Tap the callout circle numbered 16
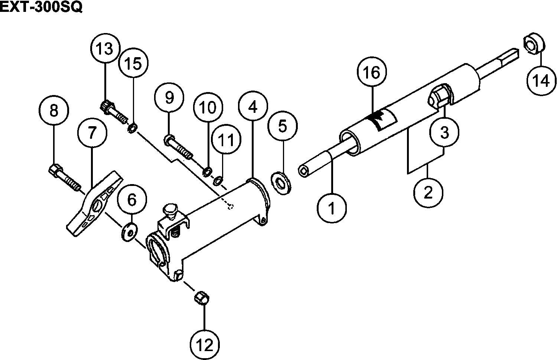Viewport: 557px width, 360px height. click(x=372, y=73)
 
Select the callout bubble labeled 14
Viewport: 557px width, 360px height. click(x=541, y=81)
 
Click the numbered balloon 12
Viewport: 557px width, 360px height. click(x=205, y=346)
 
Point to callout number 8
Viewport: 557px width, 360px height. click(x=54, y=110)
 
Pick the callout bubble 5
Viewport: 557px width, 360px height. click(x=283, y=127)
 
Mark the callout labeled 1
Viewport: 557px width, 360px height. click(x=332, y=208)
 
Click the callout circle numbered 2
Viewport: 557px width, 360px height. click(x=428, y=193)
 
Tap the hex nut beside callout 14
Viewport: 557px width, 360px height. click(x=533, y=44)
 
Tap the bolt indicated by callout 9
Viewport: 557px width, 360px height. click(x=179, y=147)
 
